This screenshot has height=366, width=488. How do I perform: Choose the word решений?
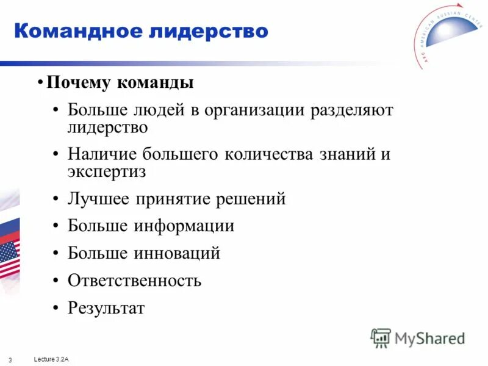[252, 199]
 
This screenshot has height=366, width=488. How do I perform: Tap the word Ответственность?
[134, 281]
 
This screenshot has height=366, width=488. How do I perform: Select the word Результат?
[106, 308]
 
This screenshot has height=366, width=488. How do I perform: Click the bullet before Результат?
[56, 308]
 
